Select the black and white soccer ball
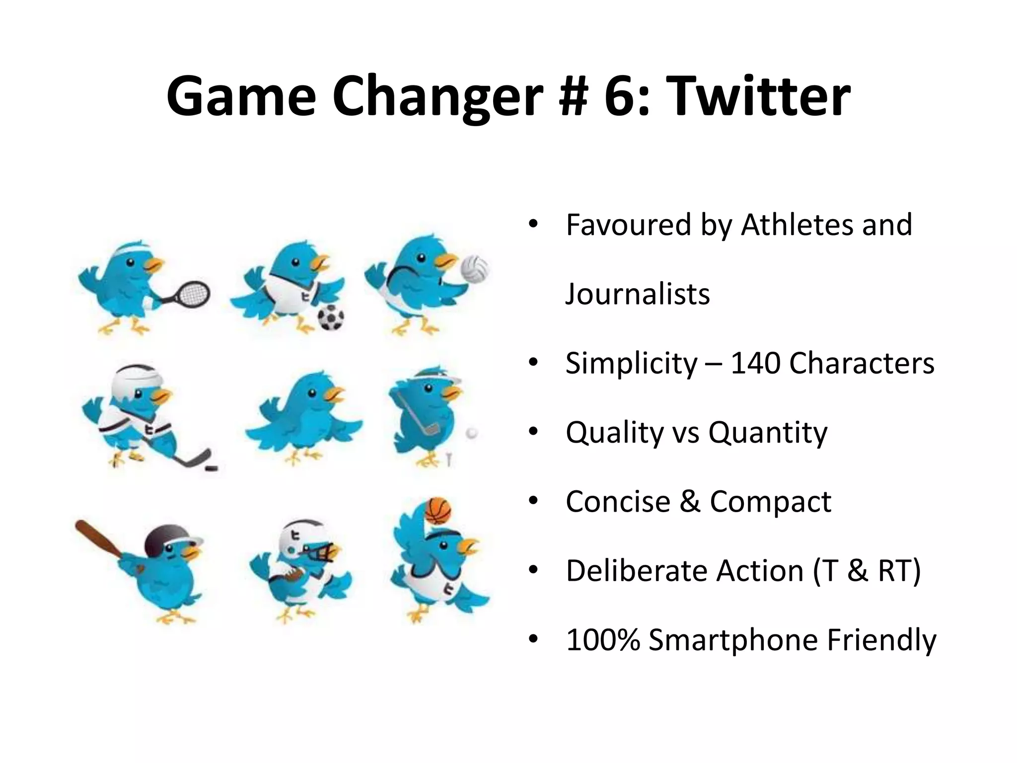[x=331, y=318]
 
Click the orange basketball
[x=438, y=511]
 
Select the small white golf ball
[x=471, y=433]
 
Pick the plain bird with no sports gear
[x=304, y=416]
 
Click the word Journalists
[x=638, y=294]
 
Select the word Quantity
[x=768, y=432]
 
